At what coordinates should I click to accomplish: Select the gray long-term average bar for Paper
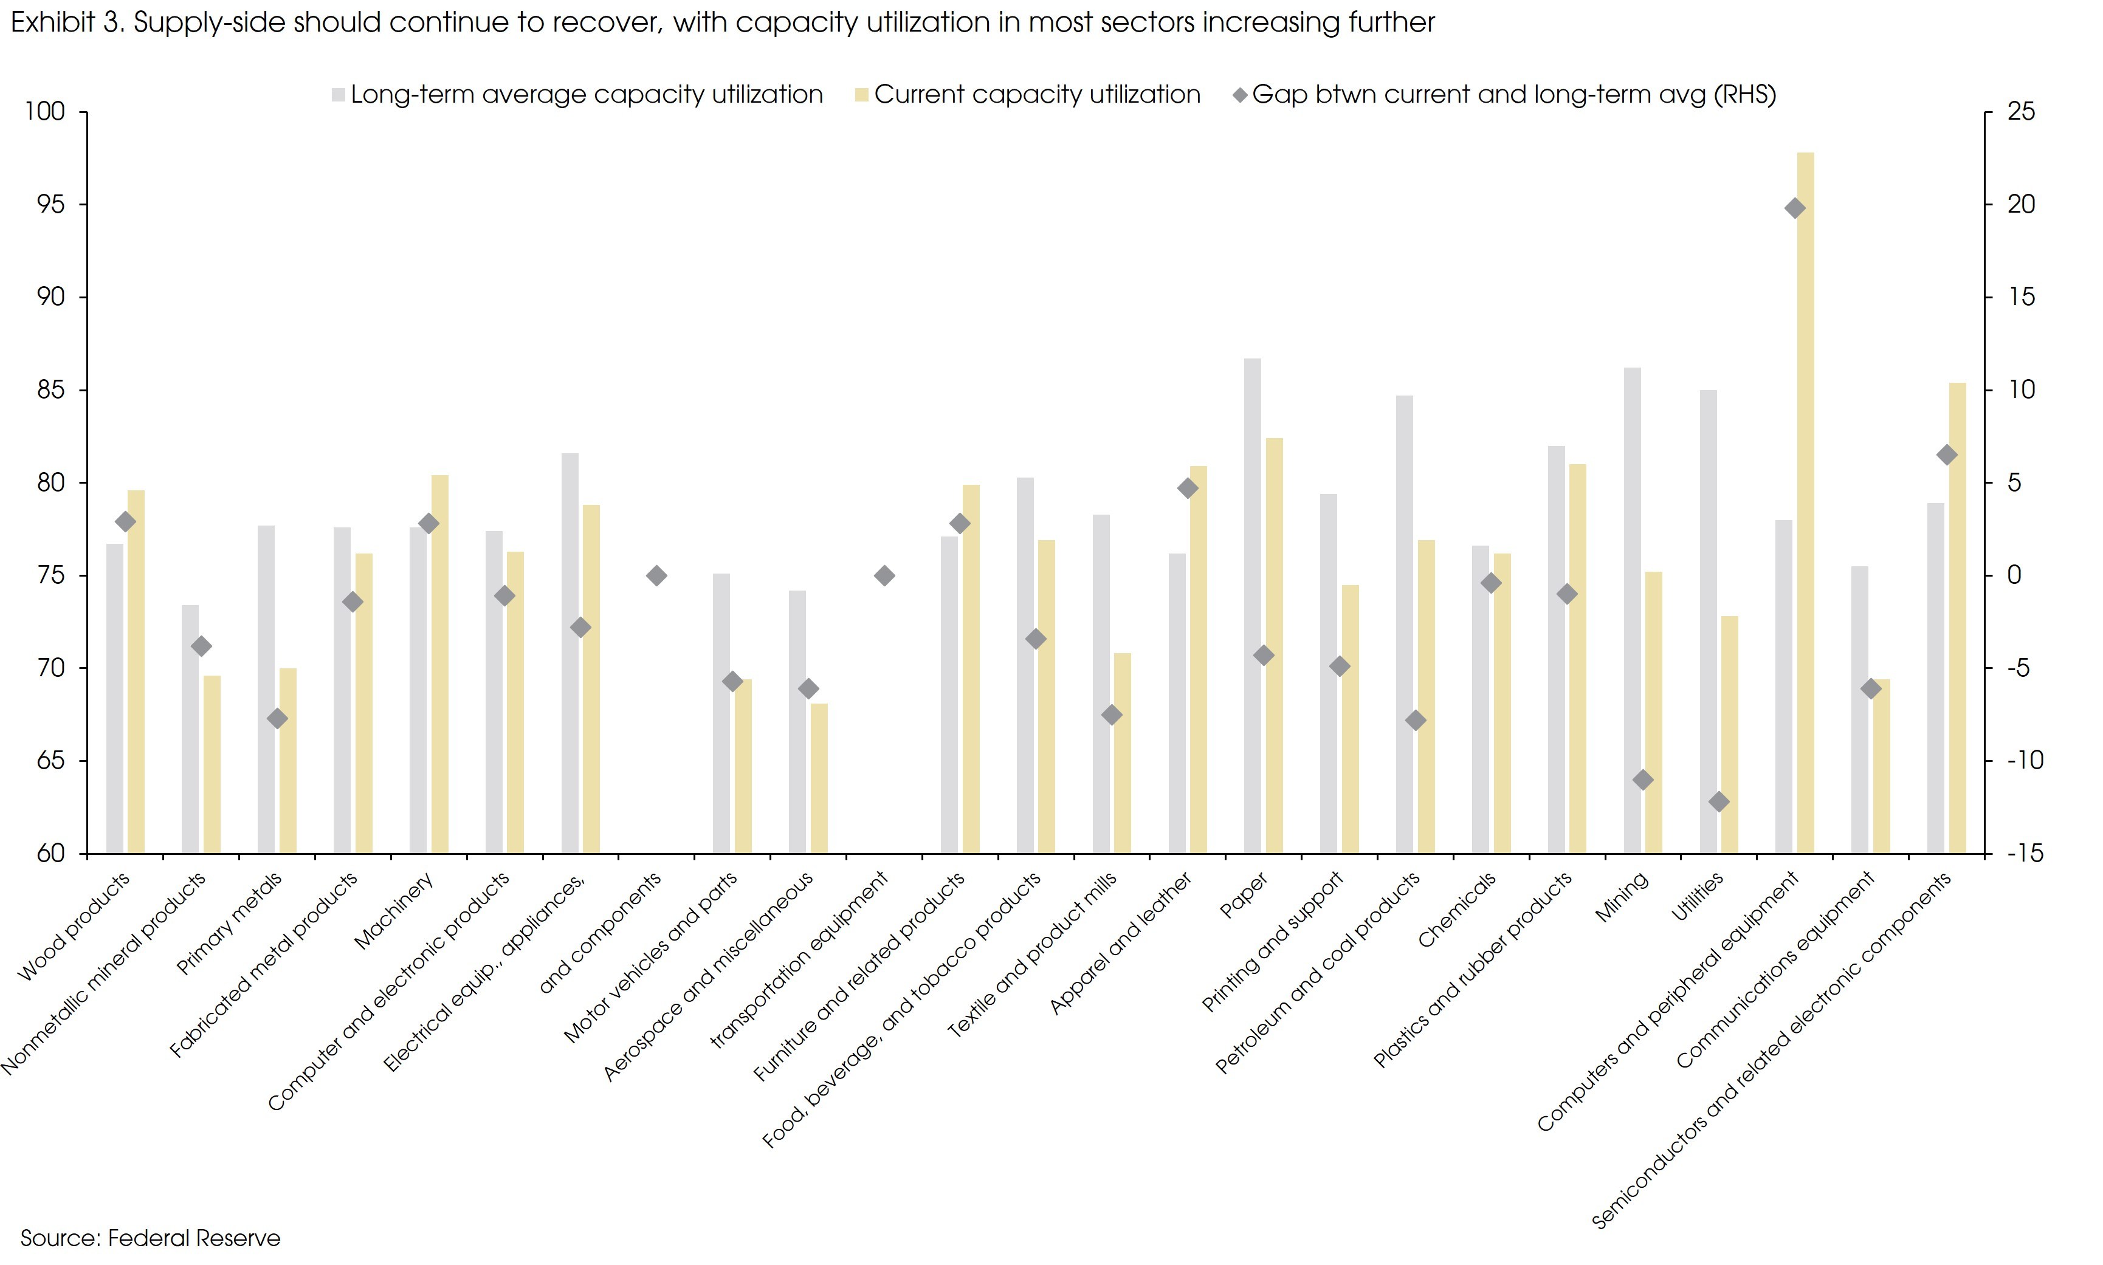click(1252, 605)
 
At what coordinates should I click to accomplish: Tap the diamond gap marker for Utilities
click(1718, 801)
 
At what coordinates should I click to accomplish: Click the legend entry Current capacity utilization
click(1036, 95)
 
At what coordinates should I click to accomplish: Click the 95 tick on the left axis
click(50, 205)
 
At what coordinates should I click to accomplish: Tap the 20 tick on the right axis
click(2020, 205)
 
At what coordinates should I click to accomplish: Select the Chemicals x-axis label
click(1456, 910)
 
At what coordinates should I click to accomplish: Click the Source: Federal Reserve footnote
click(150, 1238)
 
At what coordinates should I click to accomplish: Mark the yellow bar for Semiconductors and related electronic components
click(1957, 618)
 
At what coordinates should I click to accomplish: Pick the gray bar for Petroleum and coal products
click(1404, 624)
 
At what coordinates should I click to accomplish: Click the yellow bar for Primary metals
click(288, 760)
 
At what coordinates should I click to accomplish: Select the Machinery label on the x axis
click(394, 910)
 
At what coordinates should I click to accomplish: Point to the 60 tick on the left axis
click(50, 853)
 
